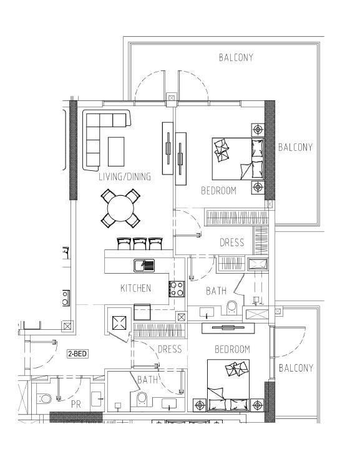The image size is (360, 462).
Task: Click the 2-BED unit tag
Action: (78, 354)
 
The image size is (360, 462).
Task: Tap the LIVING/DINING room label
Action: (125, 177)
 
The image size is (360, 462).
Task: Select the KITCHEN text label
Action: (135, 288)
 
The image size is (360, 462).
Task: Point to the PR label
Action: (76, 404)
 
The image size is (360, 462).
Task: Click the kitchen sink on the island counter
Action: (144, 265)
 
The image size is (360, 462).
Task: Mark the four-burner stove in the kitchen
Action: (177, 289)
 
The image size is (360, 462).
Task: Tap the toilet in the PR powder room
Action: (45, 398)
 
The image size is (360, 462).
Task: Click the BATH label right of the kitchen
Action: (216, 291)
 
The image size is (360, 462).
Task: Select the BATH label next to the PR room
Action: (148, 379)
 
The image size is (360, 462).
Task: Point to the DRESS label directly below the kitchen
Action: (169, 349)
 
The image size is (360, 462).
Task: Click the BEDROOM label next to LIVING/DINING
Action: (218, 191)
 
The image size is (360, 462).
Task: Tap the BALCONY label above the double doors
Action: (236, 57)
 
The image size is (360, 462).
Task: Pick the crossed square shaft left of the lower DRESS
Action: (119, 322)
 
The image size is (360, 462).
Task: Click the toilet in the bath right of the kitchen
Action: (231, 306)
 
